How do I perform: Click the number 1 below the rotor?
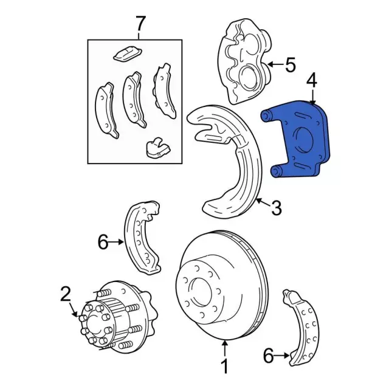click(x=224, y=366)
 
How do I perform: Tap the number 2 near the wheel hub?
click(x=66, y=295)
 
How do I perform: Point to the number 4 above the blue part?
click(x=312, y=80)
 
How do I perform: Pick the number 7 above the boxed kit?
click(x=140, y=24)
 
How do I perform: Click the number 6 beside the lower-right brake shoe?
click(x=268, y=356)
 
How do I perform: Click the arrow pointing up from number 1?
click(x=224, y=349)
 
